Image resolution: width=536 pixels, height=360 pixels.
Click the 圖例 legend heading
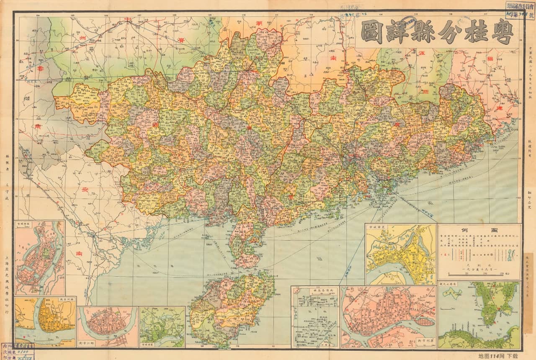pos(479,231)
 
